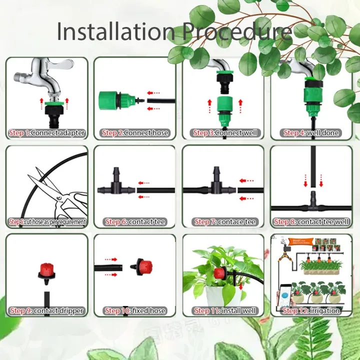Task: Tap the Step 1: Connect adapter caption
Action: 46,133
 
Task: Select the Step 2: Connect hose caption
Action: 135,133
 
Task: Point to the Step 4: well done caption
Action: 311,133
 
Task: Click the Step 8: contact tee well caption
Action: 311,221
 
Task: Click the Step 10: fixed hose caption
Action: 135,310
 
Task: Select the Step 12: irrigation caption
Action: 311,310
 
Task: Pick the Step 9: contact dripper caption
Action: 46,310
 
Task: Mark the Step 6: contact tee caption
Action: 135,221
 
